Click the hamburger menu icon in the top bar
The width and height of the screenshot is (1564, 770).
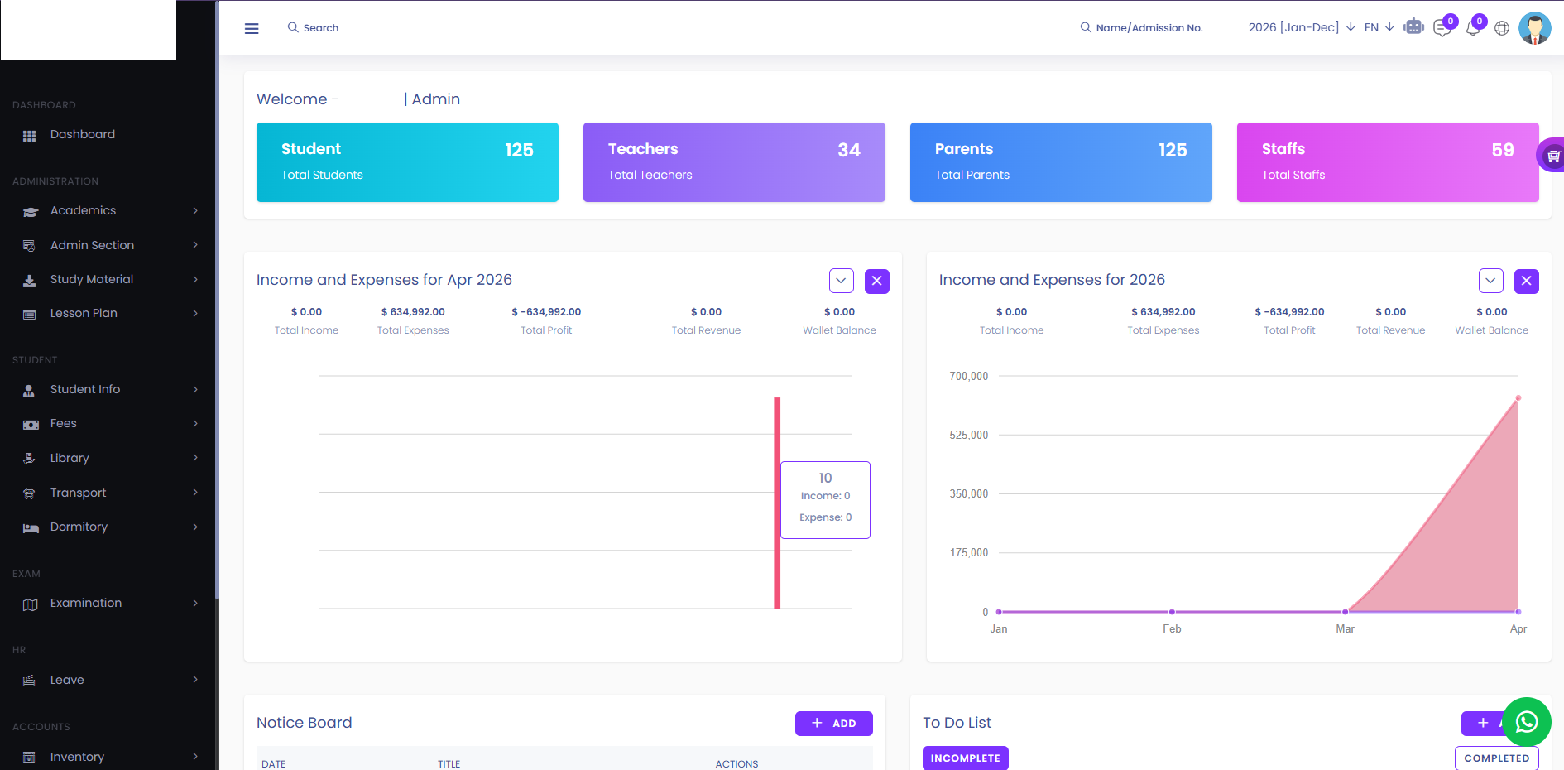click(252, 28)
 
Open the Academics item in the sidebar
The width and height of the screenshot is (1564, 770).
click(83, 211)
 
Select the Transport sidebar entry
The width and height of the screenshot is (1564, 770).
click(78, 493)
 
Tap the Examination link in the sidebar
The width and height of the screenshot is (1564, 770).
click(85, 603)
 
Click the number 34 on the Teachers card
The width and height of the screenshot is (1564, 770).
click(848, 150)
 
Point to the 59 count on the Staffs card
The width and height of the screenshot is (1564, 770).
click(1502, 150)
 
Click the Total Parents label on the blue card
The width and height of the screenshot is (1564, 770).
click(972, 175)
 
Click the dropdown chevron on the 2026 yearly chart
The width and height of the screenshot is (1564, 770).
click(1490, 281)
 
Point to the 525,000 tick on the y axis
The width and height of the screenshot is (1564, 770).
click(968, 435)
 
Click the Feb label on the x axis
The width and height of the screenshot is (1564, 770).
click(1172, 629)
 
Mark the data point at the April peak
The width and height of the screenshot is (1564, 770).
click(1518, 398)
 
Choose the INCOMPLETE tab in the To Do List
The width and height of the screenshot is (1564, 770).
click(965, 758)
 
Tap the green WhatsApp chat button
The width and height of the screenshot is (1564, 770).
click(1526, 722)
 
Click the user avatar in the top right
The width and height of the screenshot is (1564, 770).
click(1534, 28)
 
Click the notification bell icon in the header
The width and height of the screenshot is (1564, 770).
click(1472, 28)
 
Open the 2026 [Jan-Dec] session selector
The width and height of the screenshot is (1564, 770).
click(1300, 27)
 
